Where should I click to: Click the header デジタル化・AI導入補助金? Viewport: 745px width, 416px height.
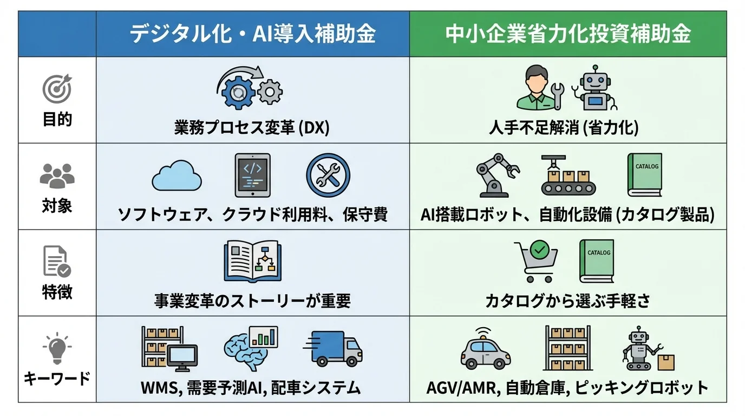point(252,34)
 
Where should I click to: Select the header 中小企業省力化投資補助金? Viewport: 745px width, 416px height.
point(568,34)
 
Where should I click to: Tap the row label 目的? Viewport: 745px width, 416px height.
point(57,119)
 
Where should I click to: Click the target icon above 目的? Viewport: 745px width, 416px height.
point(57,89)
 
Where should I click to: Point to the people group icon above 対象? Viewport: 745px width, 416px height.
point(57,175)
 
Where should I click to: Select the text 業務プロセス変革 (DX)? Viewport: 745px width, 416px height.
point(252,128)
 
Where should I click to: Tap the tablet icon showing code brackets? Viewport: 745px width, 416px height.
point(252,175)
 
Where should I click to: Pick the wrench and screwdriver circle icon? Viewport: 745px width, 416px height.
point(328,175)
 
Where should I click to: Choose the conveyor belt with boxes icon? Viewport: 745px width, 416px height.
point(568,175)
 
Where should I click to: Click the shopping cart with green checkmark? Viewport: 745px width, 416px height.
point(535,262)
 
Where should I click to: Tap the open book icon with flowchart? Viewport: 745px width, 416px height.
point(252,262)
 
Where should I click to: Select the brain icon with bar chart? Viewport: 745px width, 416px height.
point(250,347)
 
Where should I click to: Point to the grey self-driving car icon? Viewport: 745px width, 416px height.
point(486,349)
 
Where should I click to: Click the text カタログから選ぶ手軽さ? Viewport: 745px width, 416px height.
point(568,300)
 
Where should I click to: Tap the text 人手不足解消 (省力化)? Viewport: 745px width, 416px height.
point(564,128)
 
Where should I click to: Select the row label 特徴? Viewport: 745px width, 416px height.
point(57,292)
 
